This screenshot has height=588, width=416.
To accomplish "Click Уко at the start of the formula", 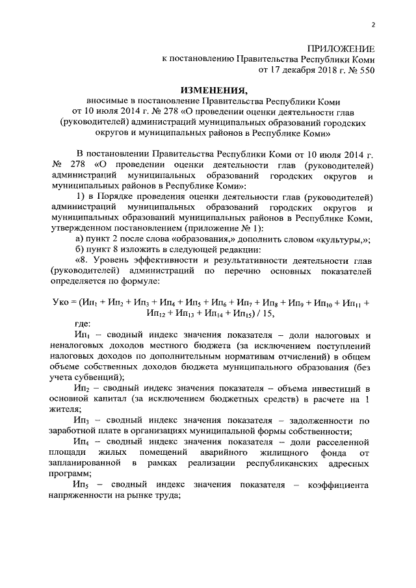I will pos(62,302).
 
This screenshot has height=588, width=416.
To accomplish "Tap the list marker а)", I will pos(81,239).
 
